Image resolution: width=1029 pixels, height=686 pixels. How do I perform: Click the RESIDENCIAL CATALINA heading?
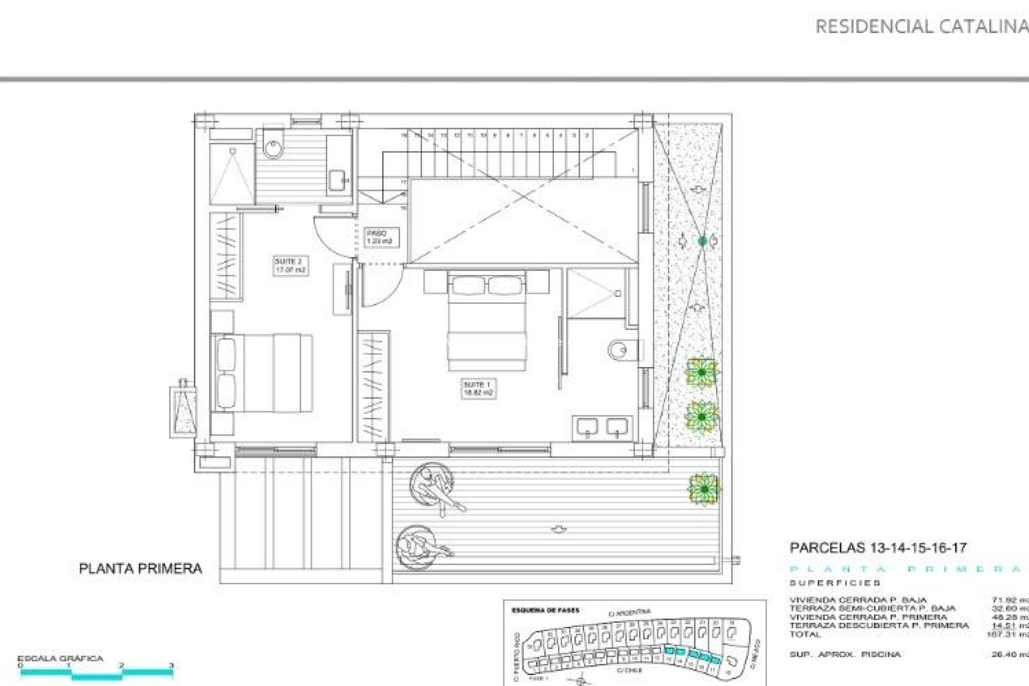click(921, 27)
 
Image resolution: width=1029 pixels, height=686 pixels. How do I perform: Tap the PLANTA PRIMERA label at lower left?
click(140, 569)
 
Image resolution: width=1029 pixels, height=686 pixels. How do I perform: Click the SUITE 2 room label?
click(290, 266)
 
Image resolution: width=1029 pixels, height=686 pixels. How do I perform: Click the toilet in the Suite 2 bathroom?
click(273, 144)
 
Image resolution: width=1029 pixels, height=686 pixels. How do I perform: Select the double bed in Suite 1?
click(486, 322)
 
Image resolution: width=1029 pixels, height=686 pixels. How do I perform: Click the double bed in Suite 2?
click(263, 373)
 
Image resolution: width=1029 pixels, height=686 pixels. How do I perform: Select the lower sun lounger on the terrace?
click(421, 546)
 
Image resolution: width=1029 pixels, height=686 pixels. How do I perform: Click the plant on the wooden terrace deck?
click(704, 489)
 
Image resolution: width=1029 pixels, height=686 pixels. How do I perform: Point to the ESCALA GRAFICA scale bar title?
click(60, 659)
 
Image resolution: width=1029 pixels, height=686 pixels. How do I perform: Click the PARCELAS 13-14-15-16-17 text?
click(878, 548)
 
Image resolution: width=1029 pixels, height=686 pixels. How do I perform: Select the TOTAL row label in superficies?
click(804, 634)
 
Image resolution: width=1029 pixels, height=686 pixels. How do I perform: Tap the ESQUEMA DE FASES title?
click(546, 610)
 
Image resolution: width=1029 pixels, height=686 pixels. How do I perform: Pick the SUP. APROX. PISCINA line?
click(845, 654)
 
